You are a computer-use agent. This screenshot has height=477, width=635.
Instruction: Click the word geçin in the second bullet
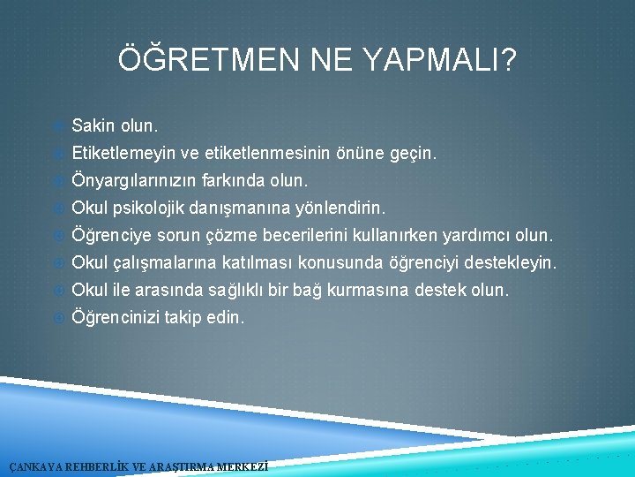click(x=414, y=154)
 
